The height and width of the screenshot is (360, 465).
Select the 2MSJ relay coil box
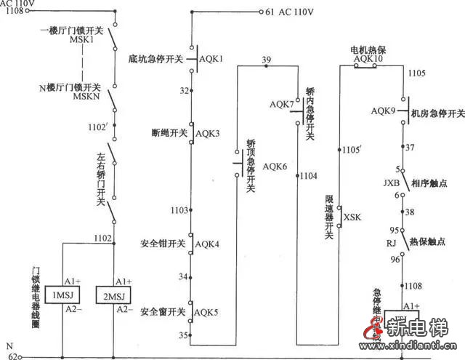(x=116, y=295)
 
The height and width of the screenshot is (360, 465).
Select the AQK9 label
(x=383, y=111)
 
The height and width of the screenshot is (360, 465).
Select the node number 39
(x=267, y=60)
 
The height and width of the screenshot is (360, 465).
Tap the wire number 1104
(x=309, y=176)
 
